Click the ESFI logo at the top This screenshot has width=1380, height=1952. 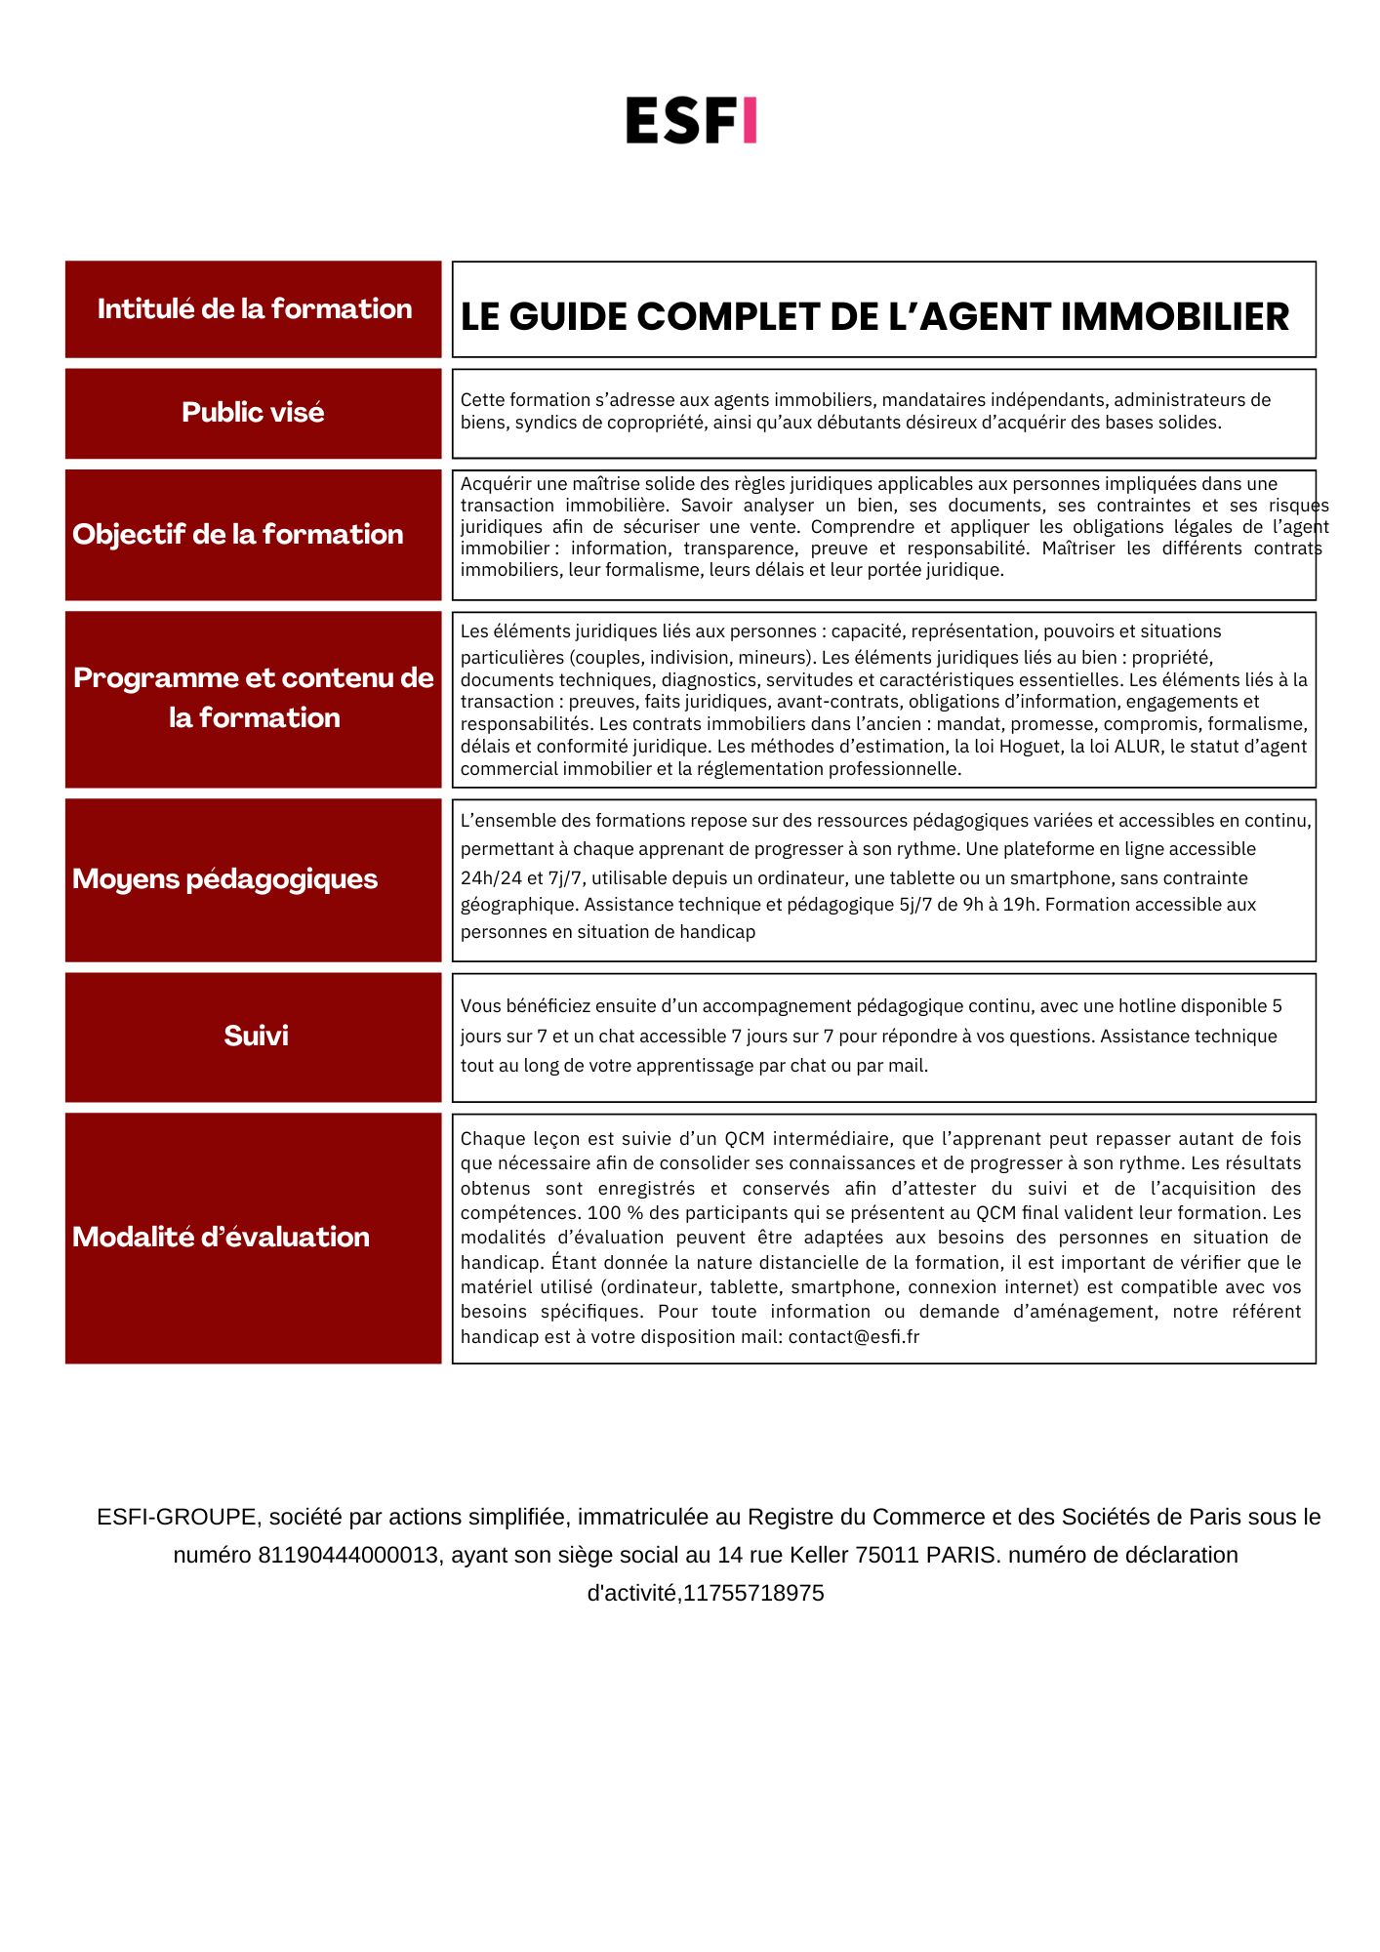coord(691,120)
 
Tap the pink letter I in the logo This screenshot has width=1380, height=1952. coord(749,120)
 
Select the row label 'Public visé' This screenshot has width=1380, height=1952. coord(253,413)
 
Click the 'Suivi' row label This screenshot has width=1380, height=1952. coord(256,1036)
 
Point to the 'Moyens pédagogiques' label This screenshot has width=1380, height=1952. coord(224,879)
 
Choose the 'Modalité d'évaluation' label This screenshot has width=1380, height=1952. coord(221,1238)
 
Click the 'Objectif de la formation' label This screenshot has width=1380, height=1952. coord(237,535)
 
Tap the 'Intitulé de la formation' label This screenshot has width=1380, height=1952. coord(254,309)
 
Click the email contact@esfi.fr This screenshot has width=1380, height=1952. coord(854,1337)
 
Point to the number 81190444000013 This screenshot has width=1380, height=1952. coord(347,1555)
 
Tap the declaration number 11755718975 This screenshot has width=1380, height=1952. coord(753,1593)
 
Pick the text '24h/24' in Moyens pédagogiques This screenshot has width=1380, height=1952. coord(491,878)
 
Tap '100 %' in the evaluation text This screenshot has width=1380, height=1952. coord(604,1213)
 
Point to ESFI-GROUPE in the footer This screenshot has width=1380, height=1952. coord(177,1518)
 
